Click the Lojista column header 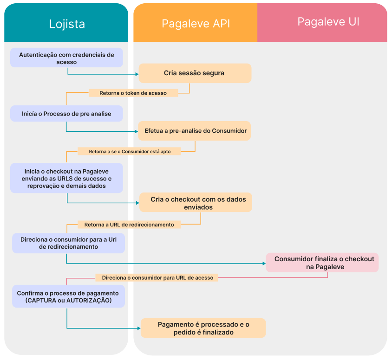[67, 24]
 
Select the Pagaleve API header [196, 24]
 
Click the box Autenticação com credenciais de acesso [66, 58]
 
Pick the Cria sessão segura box [195, 73]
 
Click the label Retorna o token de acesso [133, 93]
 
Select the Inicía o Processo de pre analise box [66, 114]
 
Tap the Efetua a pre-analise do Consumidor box [195, 131]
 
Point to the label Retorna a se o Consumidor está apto [130, 151]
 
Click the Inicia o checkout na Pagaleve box [66, 178]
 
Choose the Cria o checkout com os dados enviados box [195, 203]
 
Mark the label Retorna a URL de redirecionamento [129, 225]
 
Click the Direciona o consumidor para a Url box [68, 243]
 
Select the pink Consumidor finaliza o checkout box [323, 263]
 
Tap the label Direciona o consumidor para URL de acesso [157, 278]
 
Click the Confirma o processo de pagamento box [68, 297]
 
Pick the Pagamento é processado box [203, 328]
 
